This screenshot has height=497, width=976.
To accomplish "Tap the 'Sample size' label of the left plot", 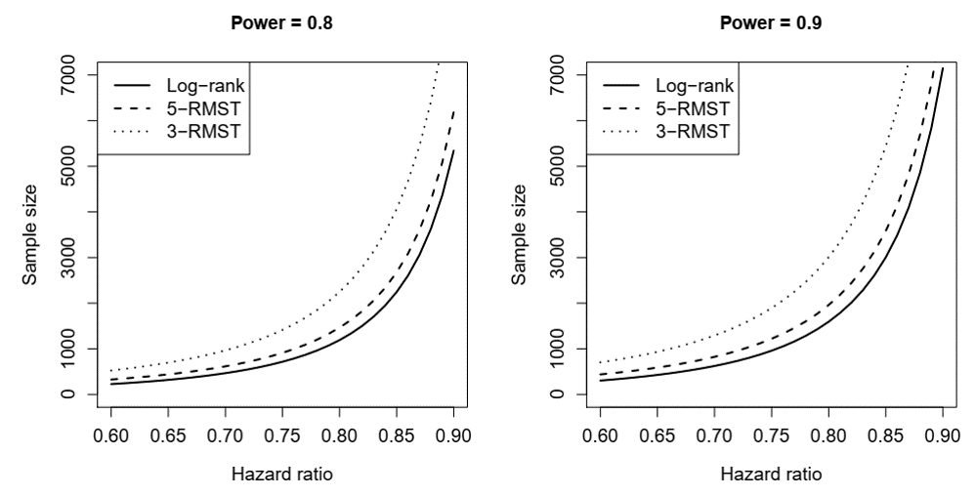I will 31,234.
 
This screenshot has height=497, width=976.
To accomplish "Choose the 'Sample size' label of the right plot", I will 520,234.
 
